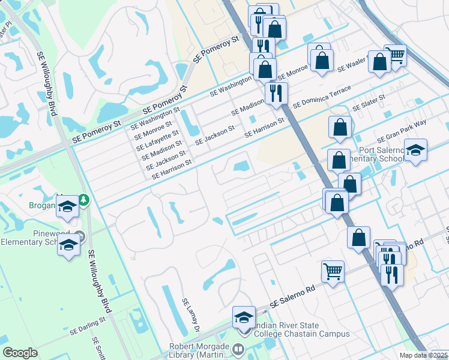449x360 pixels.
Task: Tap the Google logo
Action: pos(20,353)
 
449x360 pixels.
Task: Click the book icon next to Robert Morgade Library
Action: pos(239,349)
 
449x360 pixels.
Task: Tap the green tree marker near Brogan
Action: pos(84,200)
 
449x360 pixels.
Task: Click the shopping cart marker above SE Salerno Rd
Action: pos(333,271)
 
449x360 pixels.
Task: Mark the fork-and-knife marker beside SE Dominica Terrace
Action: pos(276,92)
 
